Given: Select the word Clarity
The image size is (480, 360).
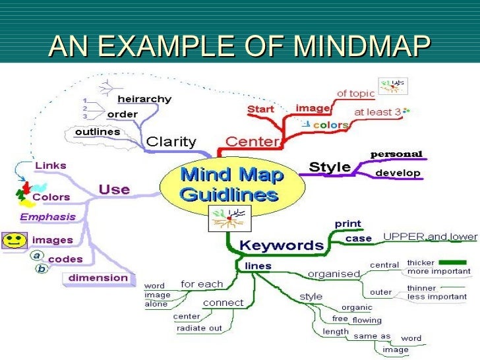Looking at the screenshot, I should (x=171, y=141).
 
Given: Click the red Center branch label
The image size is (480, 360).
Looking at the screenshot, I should (x=253, y=141).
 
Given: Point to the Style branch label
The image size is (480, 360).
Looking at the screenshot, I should (x=330, y=166).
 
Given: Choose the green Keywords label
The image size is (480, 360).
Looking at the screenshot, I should (x=282, y=245).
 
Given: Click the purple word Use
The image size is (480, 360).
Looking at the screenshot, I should (x=114, y=190).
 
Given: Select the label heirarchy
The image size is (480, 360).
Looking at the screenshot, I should (x=144, y=100).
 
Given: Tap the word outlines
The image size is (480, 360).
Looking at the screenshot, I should (x=97, y=132).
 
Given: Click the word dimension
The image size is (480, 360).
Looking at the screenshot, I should (x=98, y=278).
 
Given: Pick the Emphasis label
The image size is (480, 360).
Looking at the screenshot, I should (x=47, y=216).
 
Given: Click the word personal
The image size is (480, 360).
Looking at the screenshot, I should (x=396, y=154).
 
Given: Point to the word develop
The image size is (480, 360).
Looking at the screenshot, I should (x=398, y=173).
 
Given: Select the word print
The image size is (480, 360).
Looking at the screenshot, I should (x=347, y=224).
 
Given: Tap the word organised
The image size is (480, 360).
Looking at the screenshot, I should (x=334, y=274).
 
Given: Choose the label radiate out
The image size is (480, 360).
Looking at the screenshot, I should (x=199, y=328).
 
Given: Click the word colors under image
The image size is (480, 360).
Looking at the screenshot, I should (x=330, y=125).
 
